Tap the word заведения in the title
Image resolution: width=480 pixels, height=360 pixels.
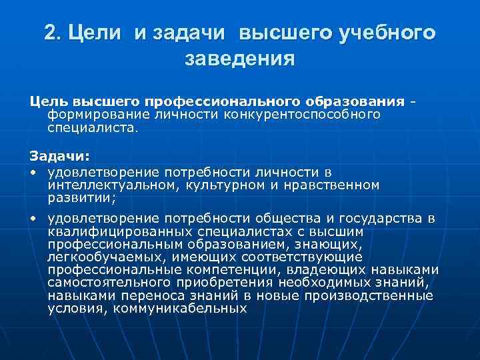tap(240, 59)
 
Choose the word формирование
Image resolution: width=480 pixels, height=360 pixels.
tap(89, 115)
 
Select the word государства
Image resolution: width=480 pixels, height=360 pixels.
tap(387, 219)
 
